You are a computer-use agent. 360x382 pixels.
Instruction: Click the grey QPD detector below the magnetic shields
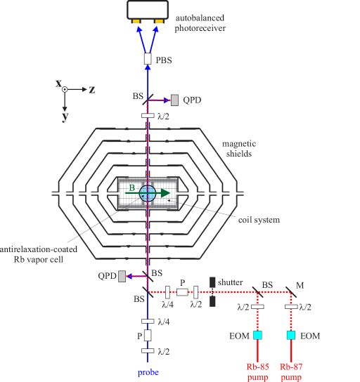point(122,276)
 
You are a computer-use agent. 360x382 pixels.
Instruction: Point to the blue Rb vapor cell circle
point(148,193)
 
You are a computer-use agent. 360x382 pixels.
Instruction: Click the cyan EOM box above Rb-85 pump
point(258,336)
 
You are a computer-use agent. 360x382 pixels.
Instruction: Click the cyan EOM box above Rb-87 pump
point(291,336)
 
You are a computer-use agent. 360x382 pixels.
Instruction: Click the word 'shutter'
point(230,282)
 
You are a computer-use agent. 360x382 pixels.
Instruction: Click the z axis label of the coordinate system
point(92,90)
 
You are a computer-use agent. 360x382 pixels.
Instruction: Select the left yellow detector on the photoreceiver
point(136,20)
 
